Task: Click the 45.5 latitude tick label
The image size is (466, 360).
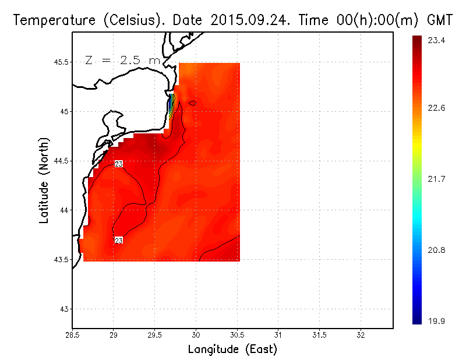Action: pos(60,62)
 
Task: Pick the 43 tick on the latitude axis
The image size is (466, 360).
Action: pos(64,309)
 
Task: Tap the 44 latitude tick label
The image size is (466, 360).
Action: pos(64,210)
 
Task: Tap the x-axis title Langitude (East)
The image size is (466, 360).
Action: pos(232,350)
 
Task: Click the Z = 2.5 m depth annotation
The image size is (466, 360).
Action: pos(122,60)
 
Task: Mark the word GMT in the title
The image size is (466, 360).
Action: pos(440,20)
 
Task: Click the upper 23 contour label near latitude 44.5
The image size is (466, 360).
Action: pos(118,164)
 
